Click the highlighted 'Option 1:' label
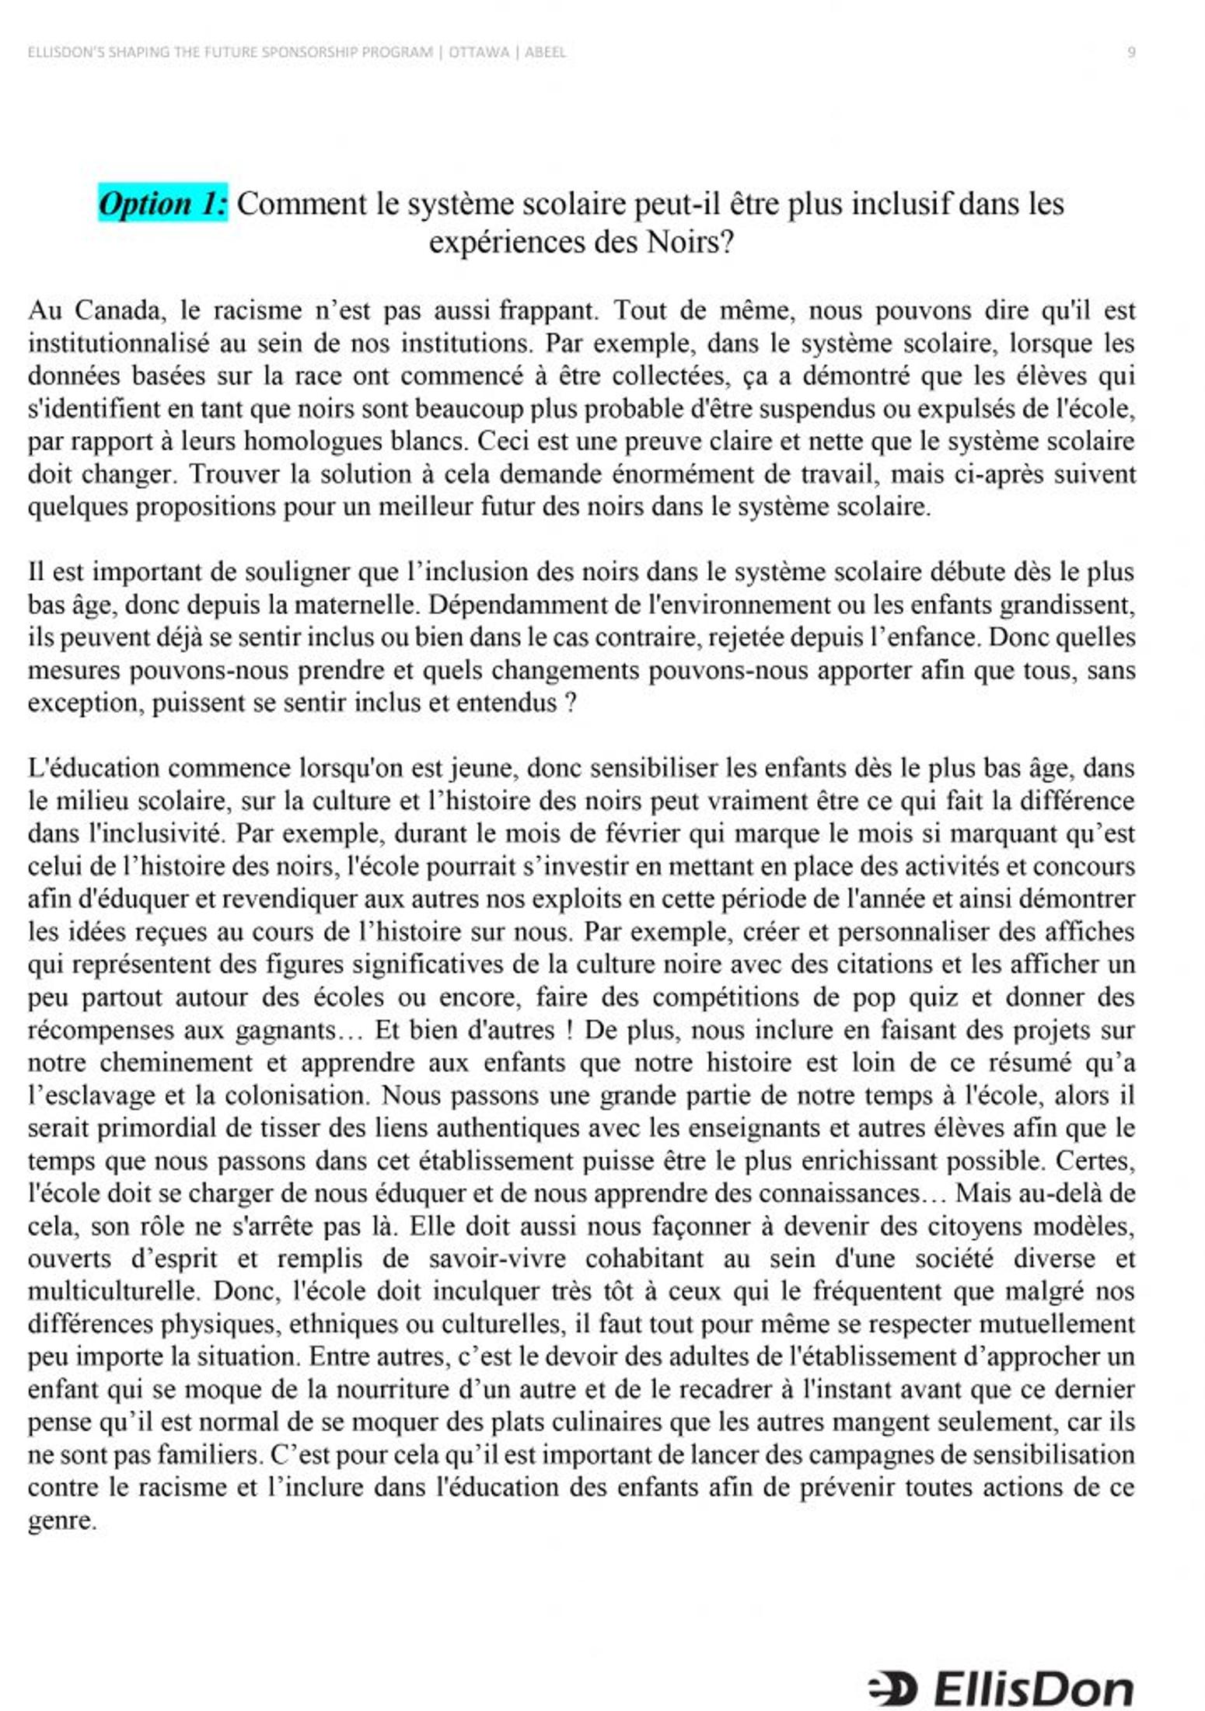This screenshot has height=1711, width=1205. point(163,204)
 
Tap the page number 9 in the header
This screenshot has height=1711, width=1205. point(1131,53)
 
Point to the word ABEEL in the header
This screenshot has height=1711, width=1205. point(545,53)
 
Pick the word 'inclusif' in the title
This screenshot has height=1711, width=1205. point(901,204)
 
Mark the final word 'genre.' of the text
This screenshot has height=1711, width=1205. point(62,1521)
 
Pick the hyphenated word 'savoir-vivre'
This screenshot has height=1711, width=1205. point(497,1259)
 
